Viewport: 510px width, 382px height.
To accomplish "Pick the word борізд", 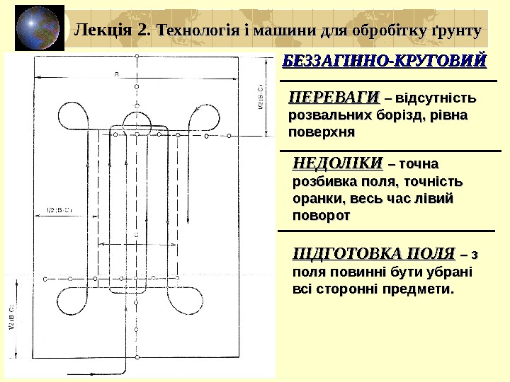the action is [x=399, y=115].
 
